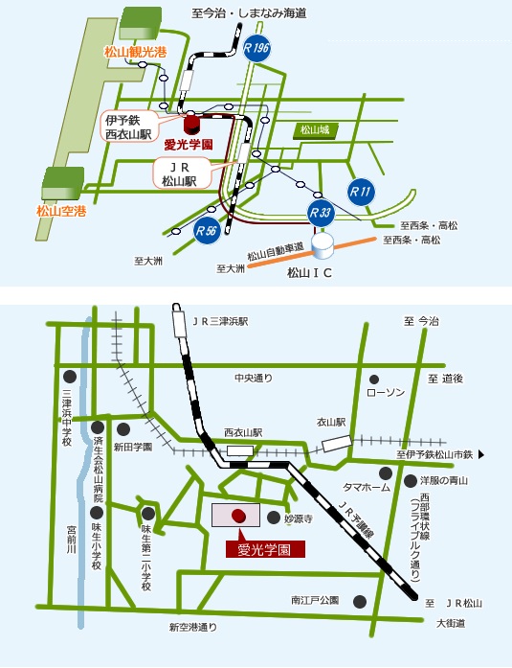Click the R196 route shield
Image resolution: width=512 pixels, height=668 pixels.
click(x=256, y=48)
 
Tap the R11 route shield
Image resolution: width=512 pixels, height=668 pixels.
click(x=360, y=191)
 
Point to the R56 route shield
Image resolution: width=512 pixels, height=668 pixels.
click(x=206, y=229)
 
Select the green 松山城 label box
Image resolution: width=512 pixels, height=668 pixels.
click(x=313, y=129)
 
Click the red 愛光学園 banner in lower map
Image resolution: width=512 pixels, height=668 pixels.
click(x=264, y=550)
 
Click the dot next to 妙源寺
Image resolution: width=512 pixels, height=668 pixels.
click(x=273, y=518)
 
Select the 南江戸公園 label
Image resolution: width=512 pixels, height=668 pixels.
click(x=315, y=601)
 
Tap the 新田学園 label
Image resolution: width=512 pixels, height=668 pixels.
click(x=132, y=447)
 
